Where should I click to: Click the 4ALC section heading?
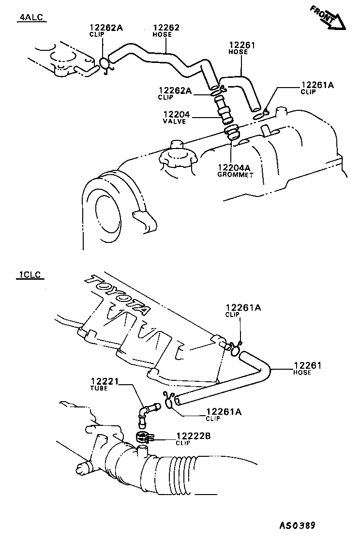30,18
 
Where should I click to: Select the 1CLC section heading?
29,276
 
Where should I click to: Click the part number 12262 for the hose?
166,28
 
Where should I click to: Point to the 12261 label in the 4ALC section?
241,45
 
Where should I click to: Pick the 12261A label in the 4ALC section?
317,85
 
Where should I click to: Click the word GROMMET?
236,175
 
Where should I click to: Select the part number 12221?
106,382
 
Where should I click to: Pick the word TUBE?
99,389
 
